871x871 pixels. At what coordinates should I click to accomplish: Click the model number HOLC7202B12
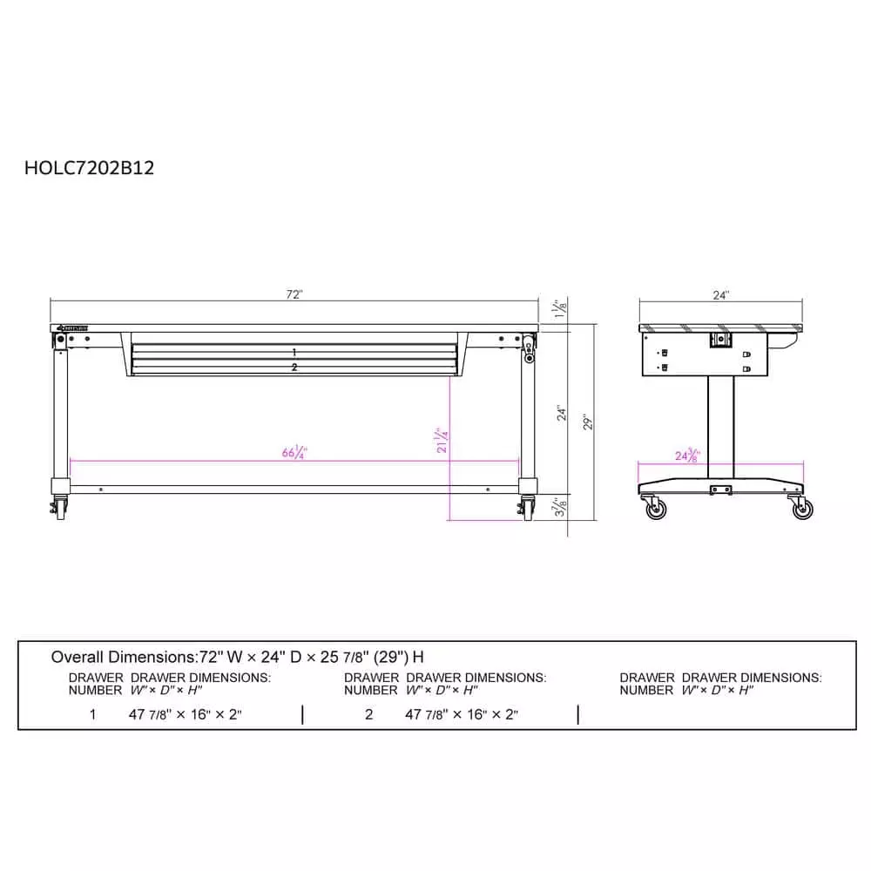pyautogui.click(x=90, y=168)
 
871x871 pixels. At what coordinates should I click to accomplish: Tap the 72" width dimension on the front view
pyautogui.click(x=294, y=294)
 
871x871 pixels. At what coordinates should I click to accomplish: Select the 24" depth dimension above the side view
pyautogui.click(x=720, y=295)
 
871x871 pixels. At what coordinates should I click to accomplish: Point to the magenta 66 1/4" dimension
pyautogui.click(x=295, y=453)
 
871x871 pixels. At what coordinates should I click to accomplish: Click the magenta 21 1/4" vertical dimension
pyautogui.click(x=442, y=441)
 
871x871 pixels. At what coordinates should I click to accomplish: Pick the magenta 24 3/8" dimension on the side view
pyautogui.click(x=687, y=456)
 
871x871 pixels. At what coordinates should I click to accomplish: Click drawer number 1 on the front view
pyautogui.click(x=294, y=352)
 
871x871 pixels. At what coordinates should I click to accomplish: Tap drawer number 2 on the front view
pyautogui.click(x=294, y=368)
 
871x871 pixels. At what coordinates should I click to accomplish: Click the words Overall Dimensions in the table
pyautogui.click(x=125, y=657)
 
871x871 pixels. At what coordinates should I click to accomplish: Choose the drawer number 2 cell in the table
pyautogui.click(x=369, y=715)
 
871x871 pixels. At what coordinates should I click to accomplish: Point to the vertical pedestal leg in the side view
pyautogui.click(x=719, y=427)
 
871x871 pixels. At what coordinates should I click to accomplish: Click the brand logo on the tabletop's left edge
pyautogui.click(x=72, y=328)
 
